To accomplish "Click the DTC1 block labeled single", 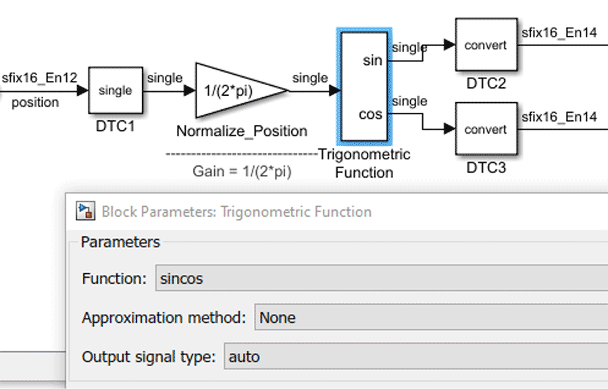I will [x=116, y=90].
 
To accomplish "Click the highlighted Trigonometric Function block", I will [x=364, y=86].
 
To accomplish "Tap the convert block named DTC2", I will [x=486, y=45].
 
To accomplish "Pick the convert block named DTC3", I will [x=486, y=129].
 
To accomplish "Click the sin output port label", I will [x=372, y=61].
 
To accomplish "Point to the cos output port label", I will [x=370, y=114].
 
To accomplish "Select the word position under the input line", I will [x=35, y=103].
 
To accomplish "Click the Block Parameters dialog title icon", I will [x=86, y=211].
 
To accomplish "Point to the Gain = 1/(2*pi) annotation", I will [x=242, y=172].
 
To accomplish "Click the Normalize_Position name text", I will [x=241, y=131].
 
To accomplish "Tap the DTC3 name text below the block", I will [x=486, y=167].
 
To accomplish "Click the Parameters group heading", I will [x=120, y=242].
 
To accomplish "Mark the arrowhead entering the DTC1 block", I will [x=83, y=90].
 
